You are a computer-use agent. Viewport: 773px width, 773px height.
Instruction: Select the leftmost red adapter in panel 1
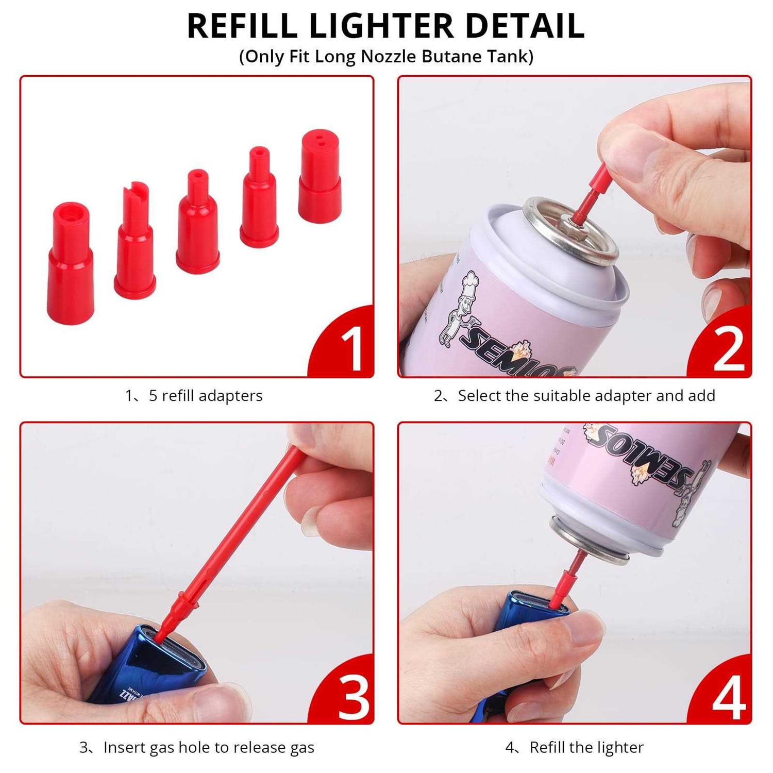[71, 263]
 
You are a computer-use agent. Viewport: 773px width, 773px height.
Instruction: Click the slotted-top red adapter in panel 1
[135, 242]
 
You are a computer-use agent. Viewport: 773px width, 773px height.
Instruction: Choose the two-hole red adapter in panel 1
[320, 177]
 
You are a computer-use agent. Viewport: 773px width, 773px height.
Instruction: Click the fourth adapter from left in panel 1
[259, 198]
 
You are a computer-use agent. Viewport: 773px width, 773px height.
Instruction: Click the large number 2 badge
[728, 349]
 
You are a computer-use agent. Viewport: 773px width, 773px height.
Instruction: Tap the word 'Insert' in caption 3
[124, 747]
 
